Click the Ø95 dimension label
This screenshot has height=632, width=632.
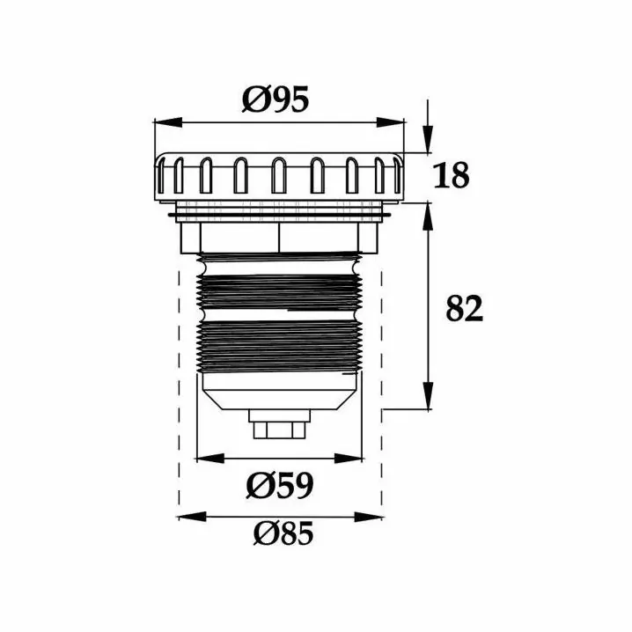pos(276,99)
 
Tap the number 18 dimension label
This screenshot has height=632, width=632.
pos(451,175)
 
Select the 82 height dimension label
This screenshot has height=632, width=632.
pos(464,308)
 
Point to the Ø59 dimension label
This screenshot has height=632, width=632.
pos(279,485)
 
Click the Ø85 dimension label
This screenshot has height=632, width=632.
pos(283,533)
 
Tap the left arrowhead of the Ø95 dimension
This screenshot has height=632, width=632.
pos(168,123)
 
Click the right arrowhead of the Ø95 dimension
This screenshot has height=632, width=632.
pos(390,122)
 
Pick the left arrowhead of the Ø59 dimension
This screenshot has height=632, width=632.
pos(209,459)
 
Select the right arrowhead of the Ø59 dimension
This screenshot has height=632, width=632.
pos(349,459)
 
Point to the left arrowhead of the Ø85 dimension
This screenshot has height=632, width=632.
pos(192,517)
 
